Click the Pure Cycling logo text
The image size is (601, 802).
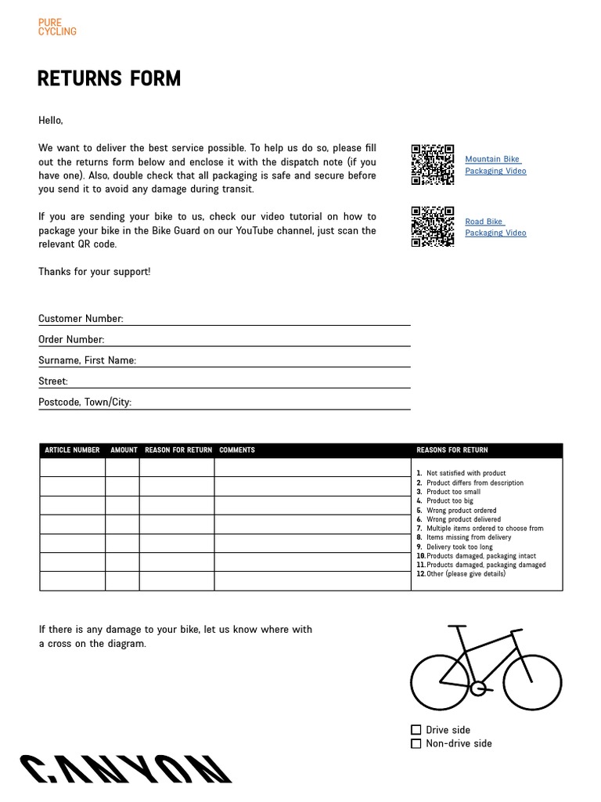tap(57, 27)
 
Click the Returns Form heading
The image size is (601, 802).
tap(109, 79)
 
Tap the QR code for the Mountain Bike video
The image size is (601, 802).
tap(433, 164)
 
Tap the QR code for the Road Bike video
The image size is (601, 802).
tap(433, 226)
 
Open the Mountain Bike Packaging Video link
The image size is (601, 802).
tap(495, 164)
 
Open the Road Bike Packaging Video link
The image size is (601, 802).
tap(495, 227)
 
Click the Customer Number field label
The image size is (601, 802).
tap(81, 319)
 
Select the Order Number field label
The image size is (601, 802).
tap(71, 340)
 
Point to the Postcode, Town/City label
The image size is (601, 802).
tap(85, 403)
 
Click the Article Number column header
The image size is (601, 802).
tap(72, 450)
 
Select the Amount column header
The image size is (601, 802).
tap(124, 450)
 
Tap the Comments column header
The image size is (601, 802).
tap(237, 450)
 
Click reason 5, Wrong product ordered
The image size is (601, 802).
tap(461, 510)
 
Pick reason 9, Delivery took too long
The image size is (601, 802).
tap(459, 547)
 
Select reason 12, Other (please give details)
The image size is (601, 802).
tap(466, 574)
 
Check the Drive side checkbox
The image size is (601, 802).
tap(416, 730)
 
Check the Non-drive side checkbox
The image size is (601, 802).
tap(416, 744)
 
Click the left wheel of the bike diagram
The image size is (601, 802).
tap(440, 681)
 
